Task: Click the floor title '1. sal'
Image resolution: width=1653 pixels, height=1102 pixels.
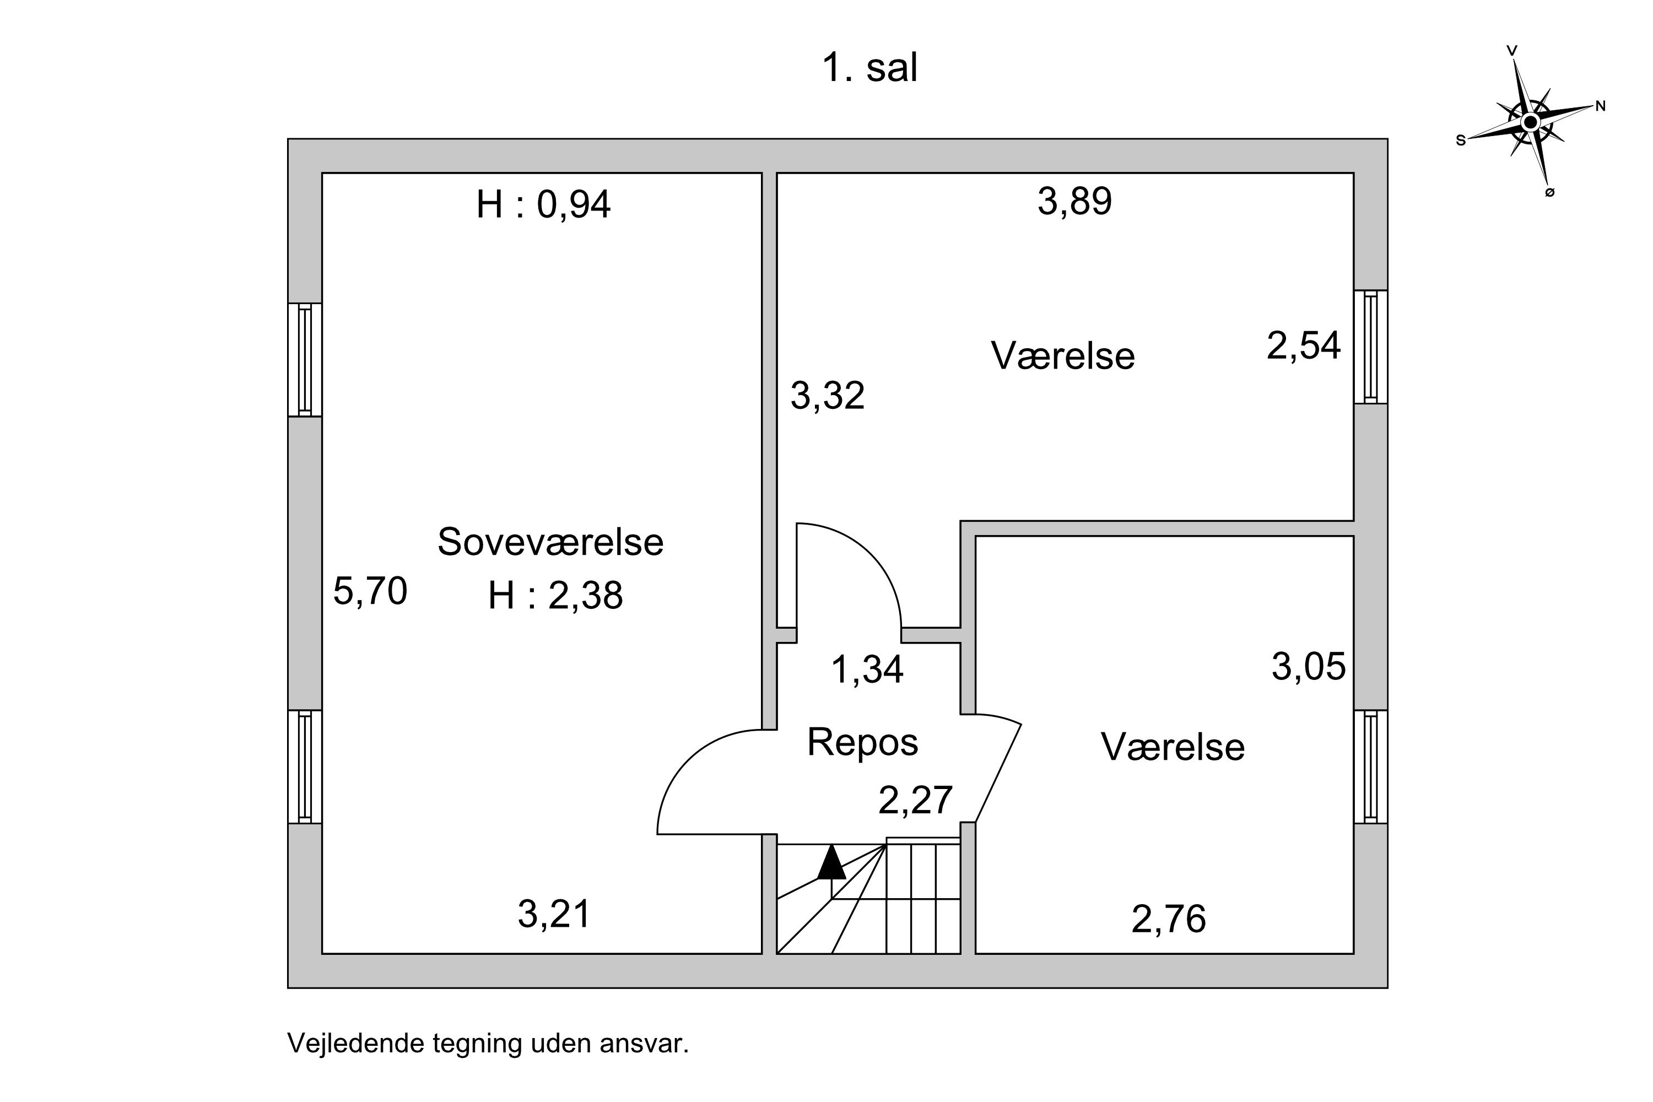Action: [x=869, y=68]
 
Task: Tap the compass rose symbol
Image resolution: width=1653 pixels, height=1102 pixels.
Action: [x=1530, y=122]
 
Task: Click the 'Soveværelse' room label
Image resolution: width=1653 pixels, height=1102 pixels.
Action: [x=550, y=542]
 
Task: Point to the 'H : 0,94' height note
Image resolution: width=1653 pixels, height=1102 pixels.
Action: [x=543, y=204]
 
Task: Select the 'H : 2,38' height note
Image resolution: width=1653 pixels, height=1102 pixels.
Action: [x=555, y=595]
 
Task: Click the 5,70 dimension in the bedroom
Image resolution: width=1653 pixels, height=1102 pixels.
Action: [x=370, y=590]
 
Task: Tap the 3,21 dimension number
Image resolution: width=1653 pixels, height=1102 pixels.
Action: [x=554, y=914]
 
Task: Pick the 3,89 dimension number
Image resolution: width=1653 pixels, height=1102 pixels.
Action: [x=1074, y=201]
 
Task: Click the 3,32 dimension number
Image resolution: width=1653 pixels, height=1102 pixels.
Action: [x=827, y=395]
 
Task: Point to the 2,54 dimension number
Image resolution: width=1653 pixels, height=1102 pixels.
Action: [x=1304, y=346]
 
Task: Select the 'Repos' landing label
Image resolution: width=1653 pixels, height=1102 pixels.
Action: [x=862, y=742]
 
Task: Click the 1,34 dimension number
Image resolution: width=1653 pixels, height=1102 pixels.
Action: [x=867, y=669]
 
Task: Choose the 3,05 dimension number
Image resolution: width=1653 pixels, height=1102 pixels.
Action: [x=1309, y=666]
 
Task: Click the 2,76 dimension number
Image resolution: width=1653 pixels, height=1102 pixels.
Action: [x=1169, y=919]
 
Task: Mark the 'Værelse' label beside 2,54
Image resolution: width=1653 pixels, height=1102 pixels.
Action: [x=1063, y=355]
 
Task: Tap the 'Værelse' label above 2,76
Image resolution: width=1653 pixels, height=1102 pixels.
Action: [x=1173, y=747]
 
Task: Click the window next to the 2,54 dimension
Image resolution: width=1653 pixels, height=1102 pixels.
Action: [x=1370, y=347]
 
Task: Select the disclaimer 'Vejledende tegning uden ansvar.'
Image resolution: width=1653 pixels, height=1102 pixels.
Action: [x=488, y=1044]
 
